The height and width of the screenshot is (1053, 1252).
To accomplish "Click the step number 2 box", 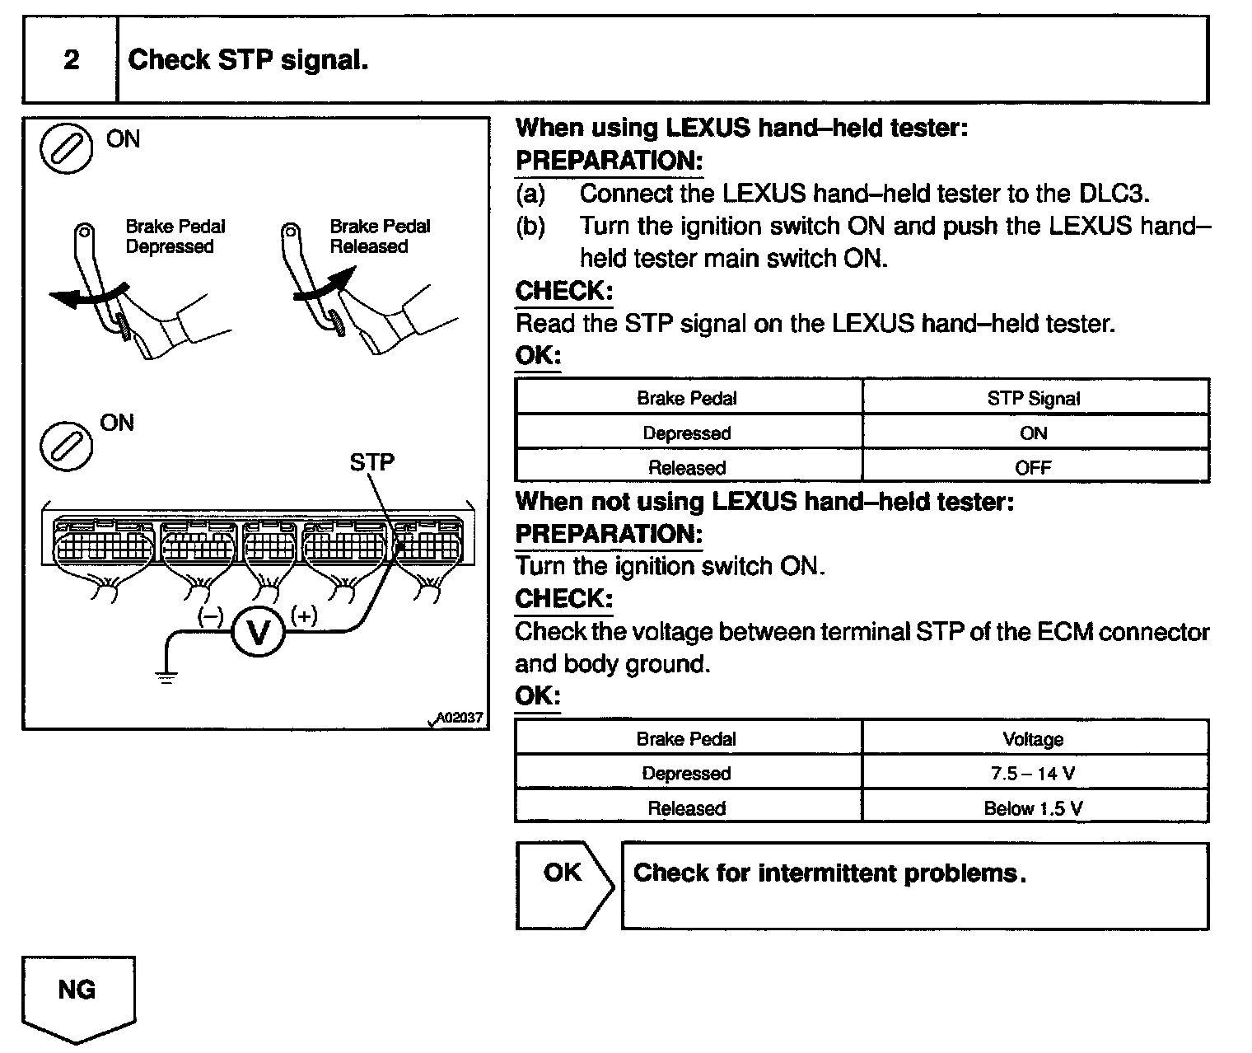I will tap(71, 60).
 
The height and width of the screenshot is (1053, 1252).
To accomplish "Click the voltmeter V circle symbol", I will tap(259, 633).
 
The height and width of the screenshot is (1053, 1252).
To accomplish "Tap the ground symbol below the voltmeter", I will tap(166, 677).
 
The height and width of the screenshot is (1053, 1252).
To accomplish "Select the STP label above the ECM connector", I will tap(372, 462).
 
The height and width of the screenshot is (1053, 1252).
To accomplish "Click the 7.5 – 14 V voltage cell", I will tap(1034, 774).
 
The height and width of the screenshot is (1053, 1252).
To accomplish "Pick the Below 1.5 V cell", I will tap(1034, 808).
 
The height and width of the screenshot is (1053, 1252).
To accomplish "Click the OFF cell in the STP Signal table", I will tap(1034, 467).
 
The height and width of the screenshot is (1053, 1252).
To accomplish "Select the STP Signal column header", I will tap(1034, 399).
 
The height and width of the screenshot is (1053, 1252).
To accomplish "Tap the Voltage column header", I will tap(1034, 739).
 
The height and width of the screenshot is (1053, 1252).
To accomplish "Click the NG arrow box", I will tap(77, 993).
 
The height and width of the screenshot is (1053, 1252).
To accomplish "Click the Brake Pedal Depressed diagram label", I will tap(175, 236).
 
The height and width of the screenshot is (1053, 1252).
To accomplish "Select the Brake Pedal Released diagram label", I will tap(380, 236).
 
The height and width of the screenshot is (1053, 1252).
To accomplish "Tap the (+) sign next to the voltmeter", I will tap(304, 615).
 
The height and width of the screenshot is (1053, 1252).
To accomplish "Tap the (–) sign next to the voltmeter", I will tap(211, 615).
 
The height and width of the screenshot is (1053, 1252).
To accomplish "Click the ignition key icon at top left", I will tap(67, 150).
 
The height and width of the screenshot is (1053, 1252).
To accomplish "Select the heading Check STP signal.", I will tap(248, 60).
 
